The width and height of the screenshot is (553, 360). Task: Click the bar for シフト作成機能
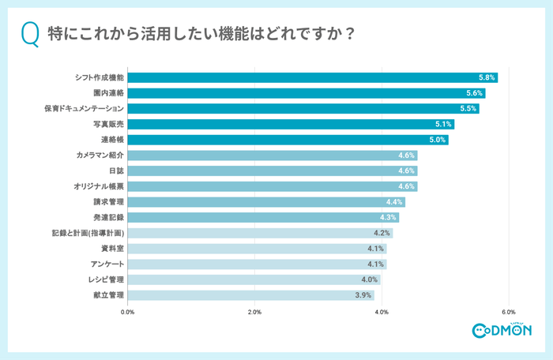pyautogui.click(x=312, y=77)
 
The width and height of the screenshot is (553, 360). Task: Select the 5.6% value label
pyautogui.click(x=475, y=93)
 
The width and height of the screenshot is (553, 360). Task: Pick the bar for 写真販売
pyautogui.click(x=290, y=125)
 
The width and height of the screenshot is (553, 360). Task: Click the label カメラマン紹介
pyautogui.click(x=100, y=156)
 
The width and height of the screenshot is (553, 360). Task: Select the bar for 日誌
pyautogui.click(x=272, y=171)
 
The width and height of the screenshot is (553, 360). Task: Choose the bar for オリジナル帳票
pyautogui.click(x=272, y=186)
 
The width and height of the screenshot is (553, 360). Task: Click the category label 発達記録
pyautogui.click(x=109, y=217)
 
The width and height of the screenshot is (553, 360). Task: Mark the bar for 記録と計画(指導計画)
pyautogui.click(x=259, y=233)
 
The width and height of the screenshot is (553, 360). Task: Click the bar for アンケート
pyautogui.click(x=256, y=264)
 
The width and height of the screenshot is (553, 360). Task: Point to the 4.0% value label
pyautogui.click(x=369, y=279)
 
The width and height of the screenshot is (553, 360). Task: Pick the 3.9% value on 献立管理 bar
pyautogui.click(x=363, y=295)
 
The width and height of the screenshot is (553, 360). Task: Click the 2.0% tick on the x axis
pyautogui.click(x=254, y=312)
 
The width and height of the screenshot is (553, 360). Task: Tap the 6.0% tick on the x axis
pyautogui.click(x=508, y=312)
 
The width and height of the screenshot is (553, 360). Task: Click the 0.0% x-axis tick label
pyautogui.click(x=127, y=312)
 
